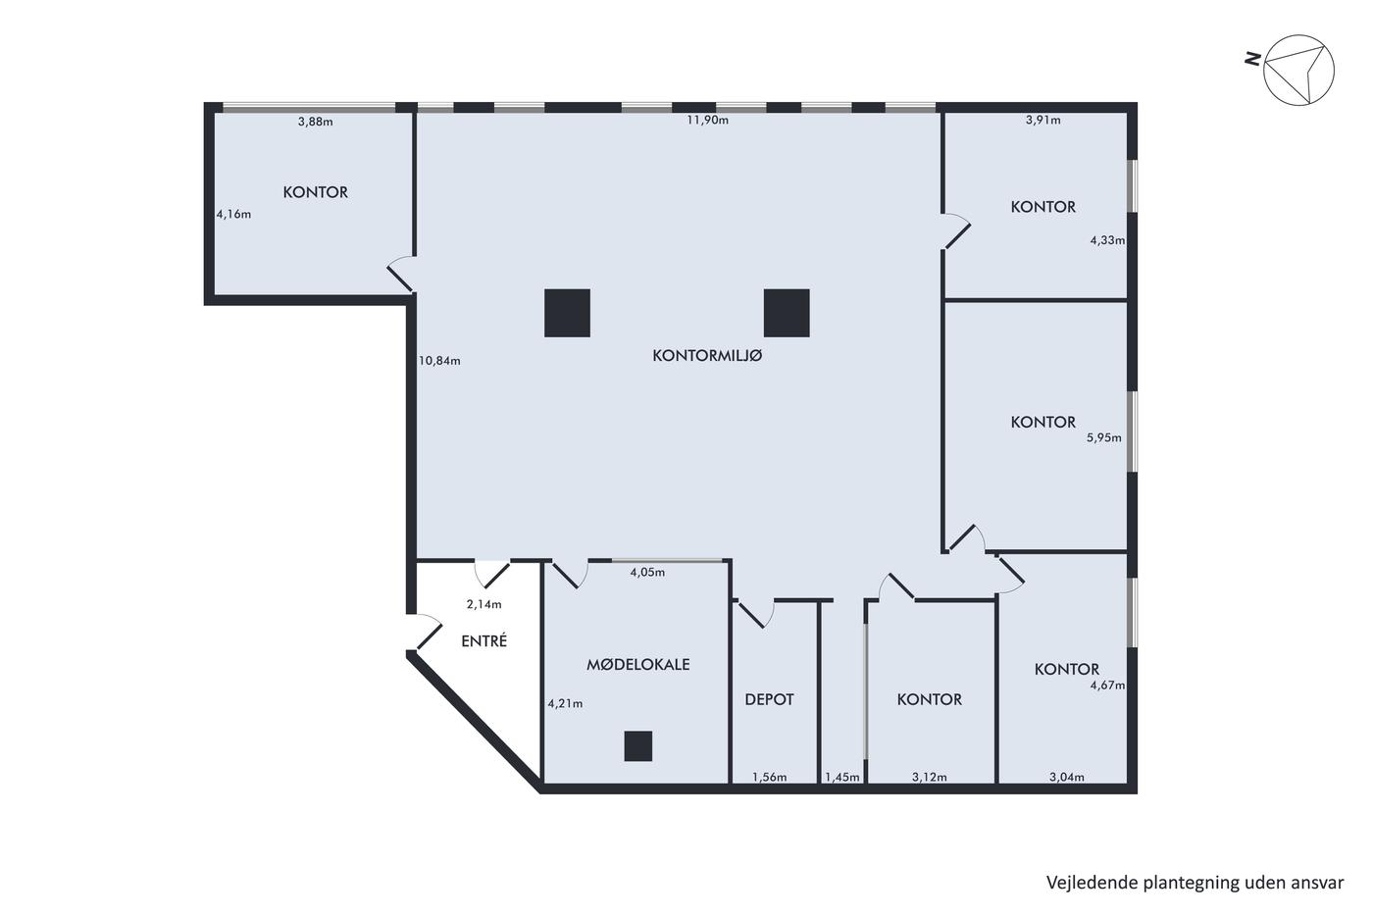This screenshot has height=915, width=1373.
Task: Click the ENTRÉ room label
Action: [x=484, y=640]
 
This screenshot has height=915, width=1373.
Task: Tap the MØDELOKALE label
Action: [x=638, y=664]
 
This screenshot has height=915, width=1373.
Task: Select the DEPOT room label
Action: [x=769, y=699]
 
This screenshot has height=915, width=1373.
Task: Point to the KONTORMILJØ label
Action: [x=707, y=355]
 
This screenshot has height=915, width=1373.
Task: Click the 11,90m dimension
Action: [x=707, y=120]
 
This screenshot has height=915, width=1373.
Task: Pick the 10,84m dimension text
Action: [x=439, y=361]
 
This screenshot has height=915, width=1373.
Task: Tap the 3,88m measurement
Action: [x=315, y=122]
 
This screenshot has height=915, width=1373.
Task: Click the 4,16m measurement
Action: [x=233, y=214]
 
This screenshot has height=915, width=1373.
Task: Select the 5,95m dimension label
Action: [x=1104, y=437]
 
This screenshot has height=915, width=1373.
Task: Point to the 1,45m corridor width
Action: [x=842, y=777]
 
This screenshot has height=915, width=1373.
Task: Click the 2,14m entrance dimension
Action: [x=484, y=604]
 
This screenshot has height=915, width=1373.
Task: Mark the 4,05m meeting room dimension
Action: [x=647, y=573]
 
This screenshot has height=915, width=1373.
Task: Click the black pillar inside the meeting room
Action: [x=638, y=746]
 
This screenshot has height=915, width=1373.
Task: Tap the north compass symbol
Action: [x=1298, y=70]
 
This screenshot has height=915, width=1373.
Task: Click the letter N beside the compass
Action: [x=1253, y=59]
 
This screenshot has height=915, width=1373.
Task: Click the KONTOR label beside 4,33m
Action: [x=1042, y=207]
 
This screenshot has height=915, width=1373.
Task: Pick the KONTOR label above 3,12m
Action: [x=930, y=699]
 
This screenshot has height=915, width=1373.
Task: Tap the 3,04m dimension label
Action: [x=1067, y=777]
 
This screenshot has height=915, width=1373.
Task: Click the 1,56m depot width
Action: [x=769, y=777]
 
